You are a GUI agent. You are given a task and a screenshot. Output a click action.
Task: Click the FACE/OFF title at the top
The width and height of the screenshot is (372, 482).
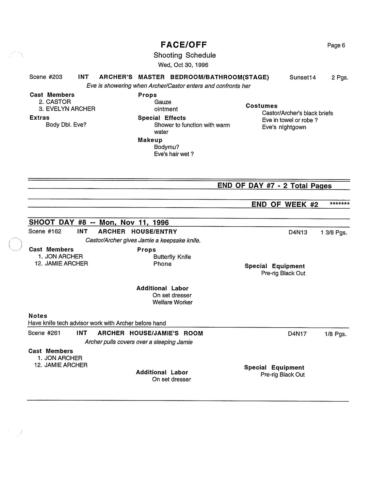coord(184,45)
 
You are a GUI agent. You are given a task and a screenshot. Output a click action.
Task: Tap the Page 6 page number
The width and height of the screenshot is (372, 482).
coord(336,45)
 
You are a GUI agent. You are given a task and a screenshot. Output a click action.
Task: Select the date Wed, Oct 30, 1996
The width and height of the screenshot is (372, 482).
coord(183,65)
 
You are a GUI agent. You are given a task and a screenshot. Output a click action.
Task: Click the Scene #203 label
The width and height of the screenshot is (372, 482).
coord(46,77)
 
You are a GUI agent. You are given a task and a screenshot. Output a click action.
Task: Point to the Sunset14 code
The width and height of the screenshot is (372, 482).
coord(303,77)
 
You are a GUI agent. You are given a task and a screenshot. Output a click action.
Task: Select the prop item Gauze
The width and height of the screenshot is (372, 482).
coord(163,102)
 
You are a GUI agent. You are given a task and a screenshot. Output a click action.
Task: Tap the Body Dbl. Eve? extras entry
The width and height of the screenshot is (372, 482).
coord(66,124)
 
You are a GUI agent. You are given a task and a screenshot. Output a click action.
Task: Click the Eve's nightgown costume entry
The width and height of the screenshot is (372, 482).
coord(284,127)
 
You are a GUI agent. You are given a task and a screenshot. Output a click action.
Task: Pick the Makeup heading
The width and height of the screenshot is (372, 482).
coord(150,140)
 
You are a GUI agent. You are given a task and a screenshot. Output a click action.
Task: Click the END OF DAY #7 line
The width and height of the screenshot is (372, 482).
coord(274,185)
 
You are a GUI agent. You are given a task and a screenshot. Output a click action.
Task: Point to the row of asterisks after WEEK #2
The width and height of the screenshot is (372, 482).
coord(339,204)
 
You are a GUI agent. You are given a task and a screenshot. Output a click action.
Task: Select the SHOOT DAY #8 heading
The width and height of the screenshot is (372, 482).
coord(99,222)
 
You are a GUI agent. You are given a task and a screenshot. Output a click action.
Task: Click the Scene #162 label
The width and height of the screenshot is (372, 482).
coord(45,231)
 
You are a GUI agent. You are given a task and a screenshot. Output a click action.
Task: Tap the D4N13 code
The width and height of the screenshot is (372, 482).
coord(298,232)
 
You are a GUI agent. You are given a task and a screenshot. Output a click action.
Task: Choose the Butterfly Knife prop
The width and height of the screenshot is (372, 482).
coord(172,257)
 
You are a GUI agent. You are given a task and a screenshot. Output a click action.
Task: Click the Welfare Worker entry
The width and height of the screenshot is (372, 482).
coord(172,302)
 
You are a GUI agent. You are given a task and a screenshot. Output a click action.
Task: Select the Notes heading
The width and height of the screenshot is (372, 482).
coord(38,316)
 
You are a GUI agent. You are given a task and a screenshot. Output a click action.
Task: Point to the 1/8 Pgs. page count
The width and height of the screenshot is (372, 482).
coord(335,334)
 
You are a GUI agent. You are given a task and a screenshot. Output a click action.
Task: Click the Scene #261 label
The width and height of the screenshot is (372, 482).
coord(44,333)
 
